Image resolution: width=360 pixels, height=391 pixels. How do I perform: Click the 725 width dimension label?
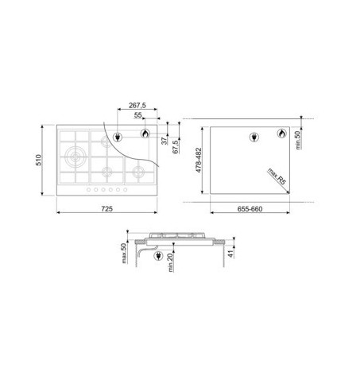(x=106, y=209)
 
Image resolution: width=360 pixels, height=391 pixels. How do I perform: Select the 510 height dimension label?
(x=39, y=160)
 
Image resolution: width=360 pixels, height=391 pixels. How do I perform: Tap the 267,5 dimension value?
(x=137, y=105)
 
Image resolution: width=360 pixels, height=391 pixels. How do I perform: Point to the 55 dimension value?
(x=137, y=115)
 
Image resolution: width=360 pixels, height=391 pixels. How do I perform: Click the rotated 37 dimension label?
(x=165, y=141)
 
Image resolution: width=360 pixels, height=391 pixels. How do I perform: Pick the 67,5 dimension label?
(x=176, y=147)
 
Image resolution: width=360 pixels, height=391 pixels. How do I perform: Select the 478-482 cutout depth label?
(x=199, y=160)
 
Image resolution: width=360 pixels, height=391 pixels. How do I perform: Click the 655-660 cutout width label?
(x=250, y=209)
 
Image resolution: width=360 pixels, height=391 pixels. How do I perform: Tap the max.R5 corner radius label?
(x=277, y=176)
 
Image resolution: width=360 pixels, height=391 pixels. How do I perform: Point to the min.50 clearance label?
(x=298, y=140)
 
